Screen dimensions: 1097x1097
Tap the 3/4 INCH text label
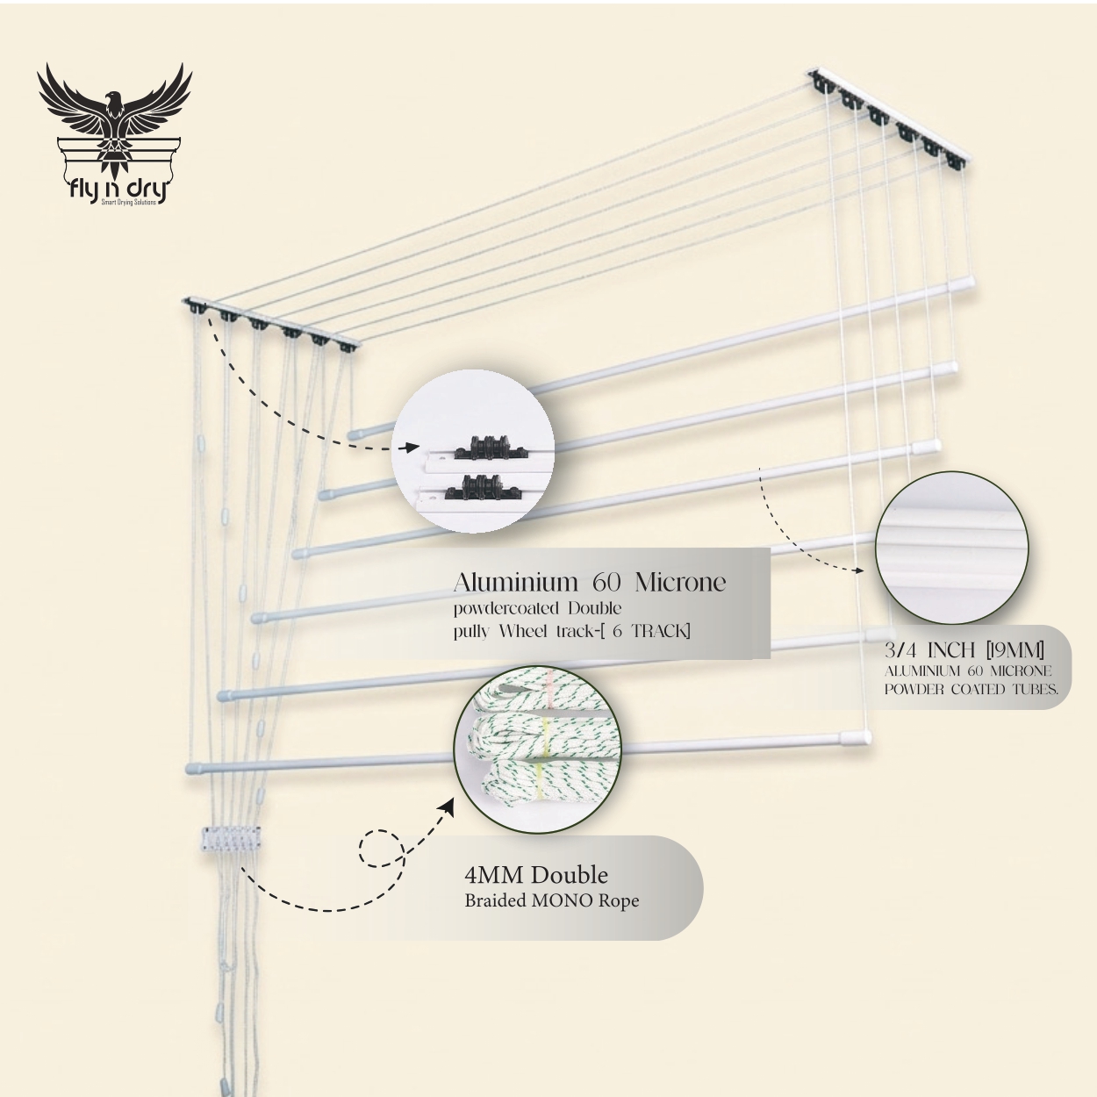point(929,650)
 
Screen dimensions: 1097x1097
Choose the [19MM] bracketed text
point(1015,650)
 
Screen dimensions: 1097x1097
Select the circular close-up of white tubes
point(952,548)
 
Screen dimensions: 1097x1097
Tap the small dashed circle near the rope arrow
point(381,849)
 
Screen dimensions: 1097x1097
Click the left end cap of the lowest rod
point(194,769)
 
